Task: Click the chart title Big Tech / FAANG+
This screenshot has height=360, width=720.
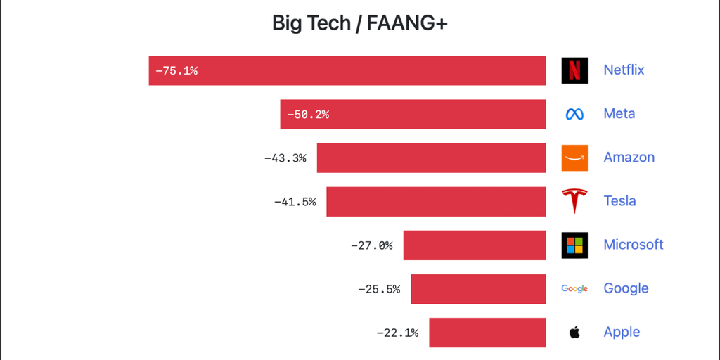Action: pyautogui.click(x=360, y=23)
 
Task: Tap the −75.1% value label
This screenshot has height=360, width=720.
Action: pyautogui.click(x=176, y=70)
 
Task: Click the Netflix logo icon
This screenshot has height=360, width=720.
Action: pyautogui.click(x=574, y=70)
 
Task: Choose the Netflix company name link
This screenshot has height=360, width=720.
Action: pyautogui.click(x=624, y=70)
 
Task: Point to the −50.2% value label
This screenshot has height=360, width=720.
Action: pyautogui.click(x=308, y=114)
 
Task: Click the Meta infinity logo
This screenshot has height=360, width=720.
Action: pyautogui.click(x=574, y=114)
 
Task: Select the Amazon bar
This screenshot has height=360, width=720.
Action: pyautogui.click(x=431, y=157)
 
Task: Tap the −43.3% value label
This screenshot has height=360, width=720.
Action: pyautogui.click(x=285, y=157)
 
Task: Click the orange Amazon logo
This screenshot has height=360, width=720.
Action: pyautogui.click(x=574, y=157)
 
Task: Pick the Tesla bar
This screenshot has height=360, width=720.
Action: pyautogui.click(x=436, y=201)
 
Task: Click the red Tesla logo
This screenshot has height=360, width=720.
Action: pyautogui.click(x=574, y=201)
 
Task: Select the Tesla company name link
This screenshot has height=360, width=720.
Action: pyautogui.click(x=619, y=201)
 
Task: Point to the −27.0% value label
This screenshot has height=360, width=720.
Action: pyautogui.click(x=371, y=245)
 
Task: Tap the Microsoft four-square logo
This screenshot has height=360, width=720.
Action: pyautogui.click(x=574, y=245)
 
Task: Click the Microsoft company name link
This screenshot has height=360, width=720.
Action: pyautogui.click(x=634, y=245)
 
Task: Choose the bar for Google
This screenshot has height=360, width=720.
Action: pyautogui.click(x=478, y=288)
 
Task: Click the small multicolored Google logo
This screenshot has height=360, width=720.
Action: pyautogui.click(x=574, y=288)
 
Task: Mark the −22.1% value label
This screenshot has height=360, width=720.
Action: pyautogui.click(x=397, y=332)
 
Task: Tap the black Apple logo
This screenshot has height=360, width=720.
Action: pyautogui.click(x=574, y=332)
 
